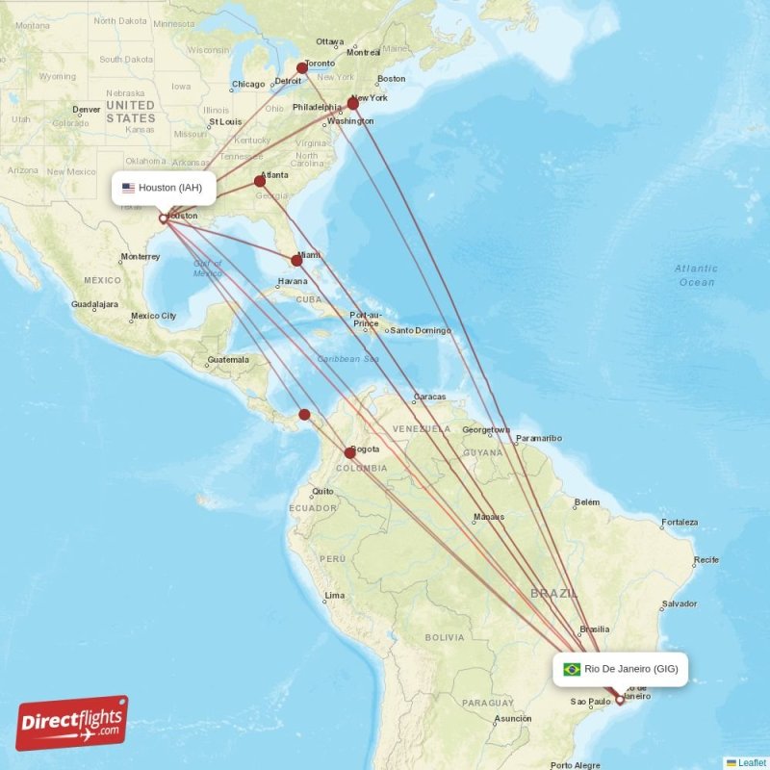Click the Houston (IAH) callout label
(163, 188)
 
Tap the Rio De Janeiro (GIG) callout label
(621, 669)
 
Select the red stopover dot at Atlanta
(260, 181)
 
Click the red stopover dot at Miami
(296, 260)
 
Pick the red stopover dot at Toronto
(302, 68)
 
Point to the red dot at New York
(353, 103)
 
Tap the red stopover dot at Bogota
(350, 452)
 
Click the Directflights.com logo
(72, 723)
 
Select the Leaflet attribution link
(752, 762)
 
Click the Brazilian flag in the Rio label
(572, 669)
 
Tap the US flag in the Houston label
(128, 188)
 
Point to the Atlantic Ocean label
(696, 275)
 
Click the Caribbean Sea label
(347, 359)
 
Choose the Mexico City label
(153, 316)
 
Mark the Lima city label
(335, 596)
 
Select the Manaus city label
(488, 517)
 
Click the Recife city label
(706, 559)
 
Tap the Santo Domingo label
(422, 330)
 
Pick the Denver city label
(86, 110)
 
